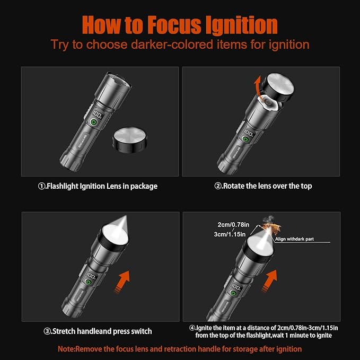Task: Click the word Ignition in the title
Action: pyautogui.click(x=241, y=25)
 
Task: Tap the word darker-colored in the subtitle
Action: pyautogui.click(x=172, y=44)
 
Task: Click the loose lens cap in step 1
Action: pyautogui.click(x=130, y=140)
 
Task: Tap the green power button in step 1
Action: pyautogui.click(x=93, y=122)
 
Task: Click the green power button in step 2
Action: pyautogui.click(x=245, y=139)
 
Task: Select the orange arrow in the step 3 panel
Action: pyautogui.click(x=123, y=282)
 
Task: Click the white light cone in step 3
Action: pyautogui.click(x=117, y=230)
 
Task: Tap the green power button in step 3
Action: pyautogui.click(x=87, y=282)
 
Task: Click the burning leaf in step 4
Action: pyautogui.click(x=271, y=228)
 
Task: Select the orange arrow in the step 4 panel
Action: pyautogui.click(x=270, y=281)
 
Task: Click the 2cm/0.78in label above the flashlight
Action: pyautogui.click(x=233, y=225)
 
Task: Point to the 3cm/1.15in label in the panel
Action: pyautogui.click(x=230, y=234)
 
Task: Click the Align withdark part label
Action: pyautogui.click(x=294, y=239)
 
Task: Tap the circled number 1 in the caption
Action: pyautogui.click(x=41, y=186)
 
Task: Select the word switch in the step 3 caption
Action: pyautogui.click(x=142, y=331)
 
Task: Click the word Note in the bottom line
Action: pyautogui.click(x=66, y=349)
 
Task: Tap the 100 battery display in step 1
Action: pyautogui.click(x=96, y=114)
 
